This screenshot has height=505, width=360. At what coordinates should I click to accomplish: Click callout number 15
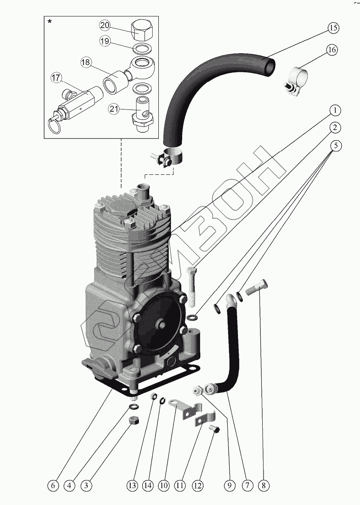click(332, 28)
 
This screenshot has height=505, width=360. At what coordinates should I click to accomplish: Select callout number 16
click(332, 50)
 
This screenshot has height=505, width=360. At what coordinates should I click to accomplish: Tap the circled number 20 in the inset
click(104, 26)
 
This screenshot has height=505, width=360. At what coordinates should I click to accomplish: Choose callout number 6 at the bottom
click(53, 486)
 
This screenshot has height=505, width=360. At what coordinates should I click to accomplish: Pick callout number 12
click(197, 486)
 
